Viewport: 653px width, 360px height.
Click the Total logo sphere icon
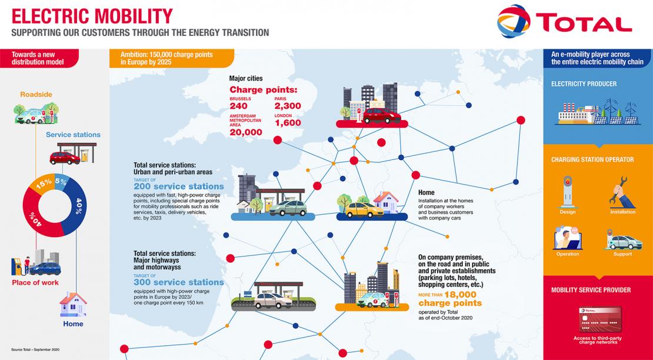(514, 21)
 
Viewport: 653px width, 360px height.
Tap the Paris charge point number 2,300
(287, 106)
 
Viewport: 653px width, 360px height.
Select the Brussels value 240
(238, 106)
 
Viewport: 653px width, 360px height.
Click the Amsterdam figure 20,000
(246, 132)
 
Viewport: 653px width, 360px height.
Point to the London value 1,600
(287, 123)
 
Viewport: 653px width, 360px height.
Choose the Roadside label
(36, 95)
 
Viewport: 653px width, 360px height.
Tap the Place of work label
(35, 282)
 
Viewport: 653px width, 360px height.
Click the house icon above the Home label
(73, 304)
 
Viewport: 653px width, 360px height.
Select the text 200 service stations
(179, 186)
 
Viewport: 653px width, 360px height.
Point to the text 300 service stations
(179, 282)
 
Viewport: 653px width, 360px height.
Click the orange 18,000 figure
(460, 295)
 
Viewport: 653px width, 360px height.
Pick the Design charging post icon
(567, 191)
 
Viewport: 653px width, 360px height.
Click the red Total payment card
(600, 319)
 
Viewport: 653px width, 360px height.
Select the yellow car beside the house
(364, 209)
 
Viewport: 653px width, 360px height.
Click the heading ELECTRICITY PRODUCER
(584, 84)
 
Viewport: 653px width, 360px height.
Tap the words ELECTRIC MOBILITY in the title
(92, 16)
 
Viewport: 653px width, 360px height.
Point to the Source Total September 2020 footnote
(35, 349)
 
